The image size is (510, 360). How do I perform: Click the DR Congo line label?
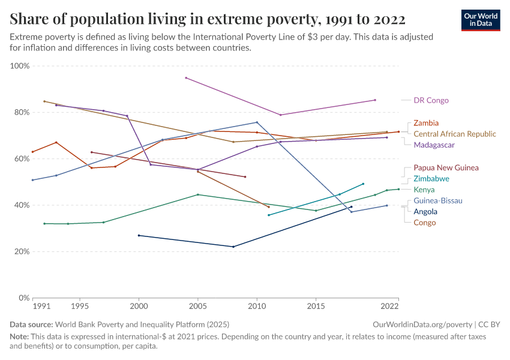tap(431, 100)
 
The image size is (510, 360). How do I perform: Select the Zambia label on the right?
tap(426, 123)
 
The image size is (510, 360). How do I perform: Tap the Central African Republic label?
tap(455, 134)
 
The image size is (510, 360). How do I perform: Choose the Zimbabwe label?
tap(431, 179)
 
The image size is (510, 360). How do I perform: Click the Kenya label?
tap(424, 190)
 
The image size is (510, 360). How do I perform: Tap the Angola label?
tap(425, 212)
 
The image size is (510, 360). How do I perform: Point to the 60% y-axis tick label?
tap(22, 159)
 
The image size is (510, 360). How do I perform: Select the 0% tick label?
tap(24, 298)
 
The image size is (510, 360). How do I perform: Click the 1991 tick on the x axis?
tap(41, 306)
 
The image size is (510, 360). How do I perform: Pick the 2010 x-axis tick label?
tap(257, 306)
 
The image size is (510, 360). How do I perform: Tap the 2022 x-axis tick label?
tap(389, 306)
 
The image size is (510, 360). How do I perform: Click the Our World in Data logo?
tap(481, 20)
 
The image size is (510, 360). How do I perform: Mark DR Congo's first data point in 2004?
tap(186, 78)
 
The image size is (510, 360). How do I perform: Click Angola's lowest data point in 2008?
tap(233, 247)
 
